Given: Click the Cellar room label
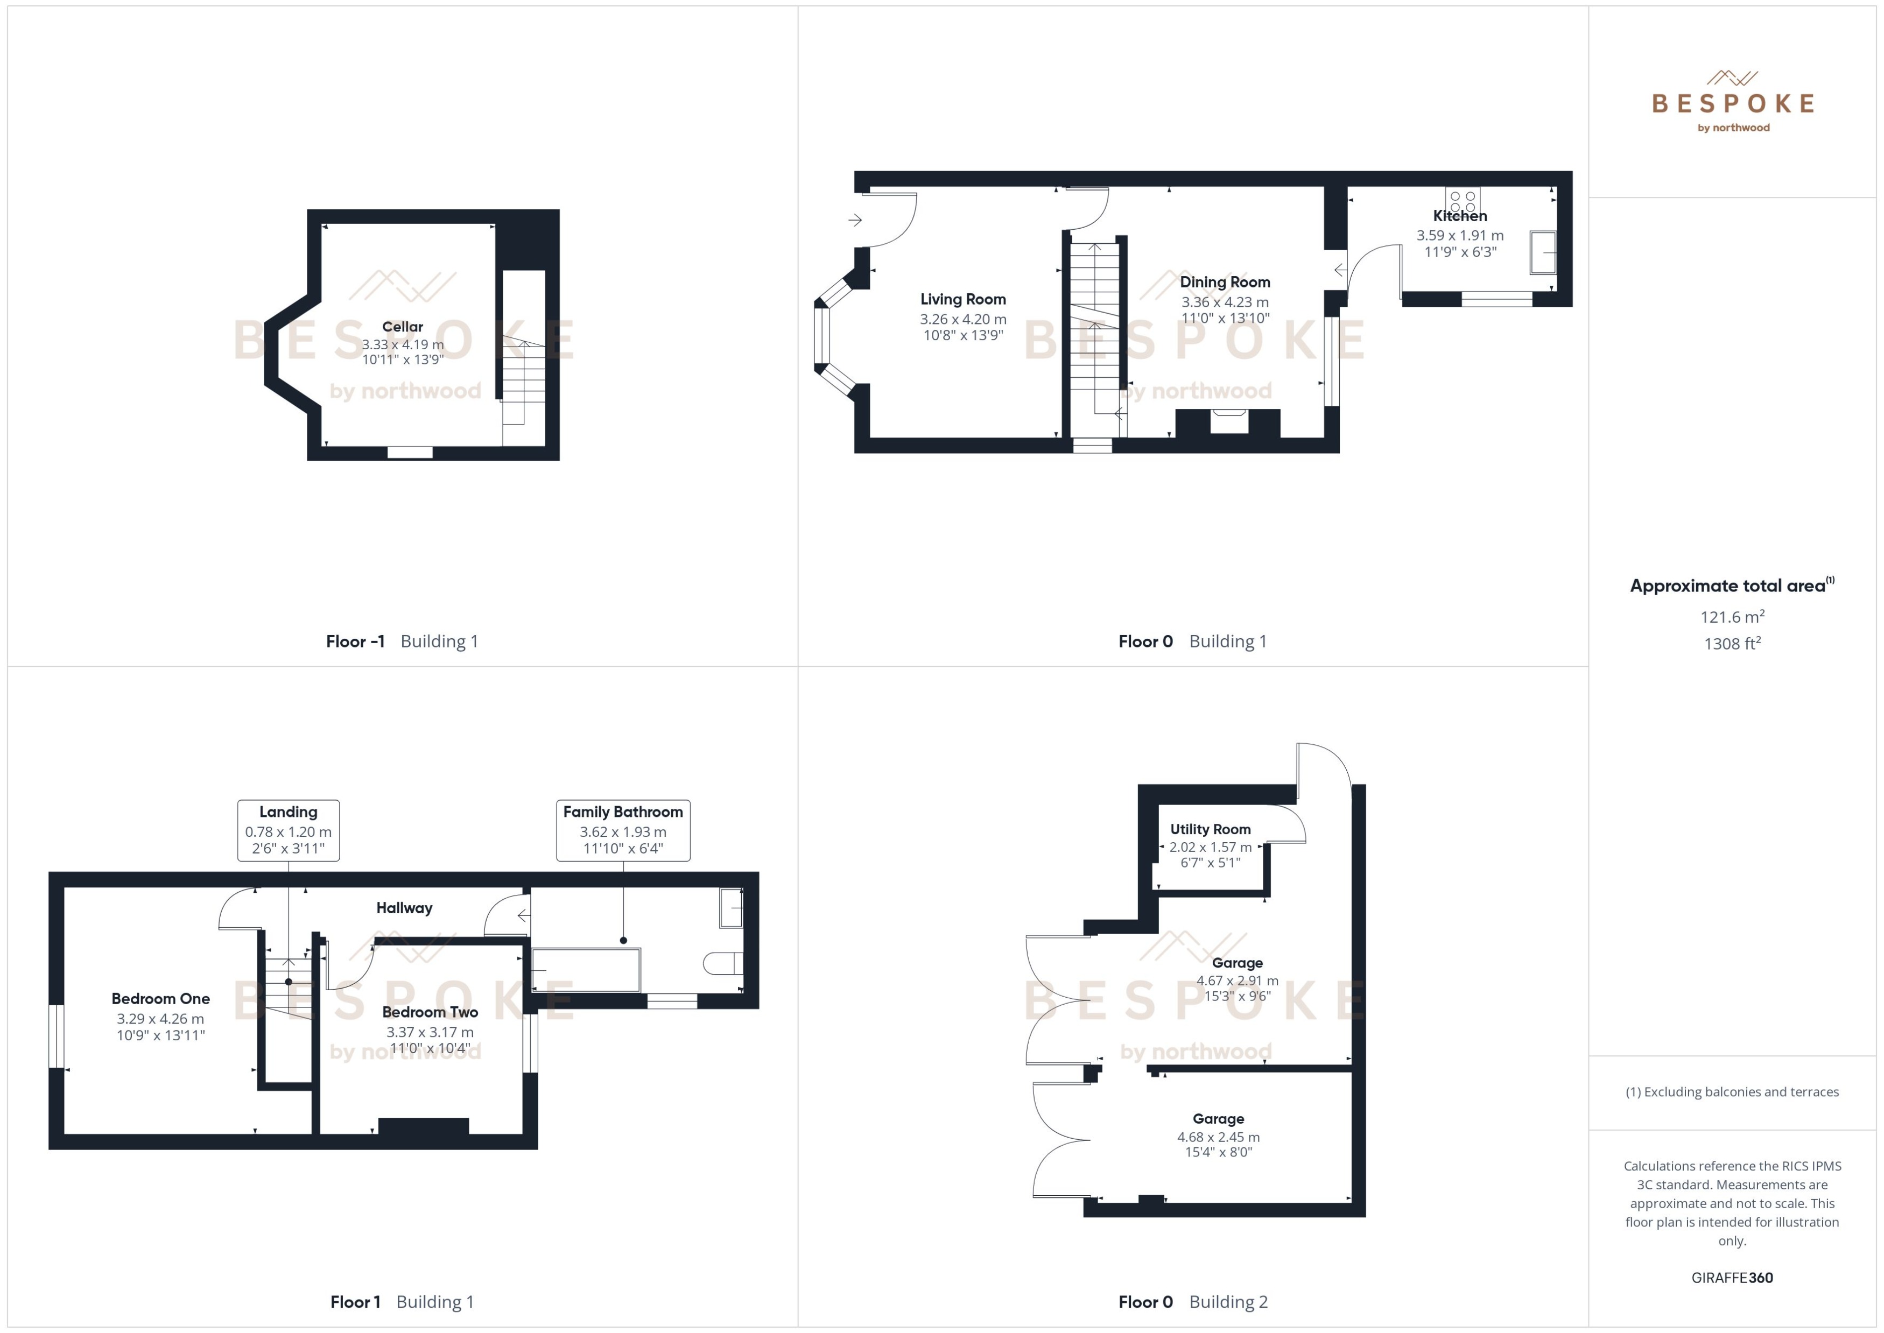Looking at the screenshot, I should (x=402, y=327).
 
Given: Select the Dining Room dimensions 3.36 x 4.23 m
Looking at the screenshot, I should (x=1225, y=302).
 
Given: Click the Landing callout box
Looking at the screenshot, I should (x=288, y=830).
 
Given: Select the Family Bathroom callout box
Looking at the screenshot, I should (x=623, y=830).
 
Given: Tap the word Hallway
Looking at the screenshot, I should (x=404, y=908).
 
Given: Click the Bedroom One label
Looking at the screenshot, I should (x=161, y=999).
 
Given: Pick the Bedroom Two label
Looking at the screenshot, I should (x=430, y=1012).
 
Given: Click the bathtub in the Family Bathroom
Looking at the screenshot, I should (x=586, y=969).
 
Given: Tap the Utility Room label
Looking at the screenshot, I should (x=1210, y=829).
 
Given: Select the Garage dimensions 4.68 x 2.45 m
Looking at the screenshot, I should (x=1218, y=1137).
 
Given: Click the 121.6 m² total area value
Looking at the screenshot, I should (x=1732, y=616).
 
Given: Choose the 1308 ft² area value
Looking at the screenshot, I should (x=1732, y=644).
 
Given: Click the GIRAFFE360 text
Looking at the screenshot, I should (x=1732, y=1278).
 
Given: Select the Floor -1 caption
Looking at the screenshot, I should (x=355, y=642).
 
